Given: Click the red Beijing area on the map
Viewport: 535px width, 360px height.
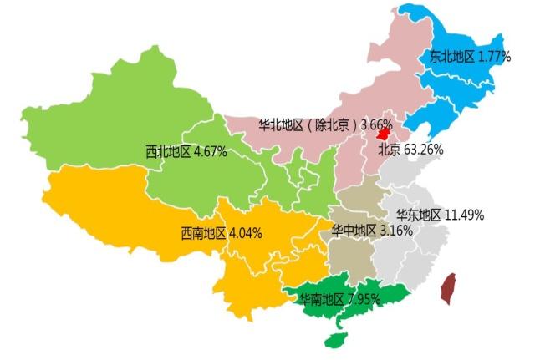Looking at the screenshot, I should [x=384, y=132].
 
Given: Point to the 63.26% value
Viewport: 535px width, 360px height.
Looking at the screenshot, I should [x=424, y=150].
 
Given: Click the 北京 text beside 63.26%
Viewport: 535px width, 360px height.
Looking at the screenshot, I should [x=390, y=150].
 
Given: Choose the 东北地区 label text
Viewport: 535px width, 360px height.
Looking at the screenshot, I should [x=451, y=57].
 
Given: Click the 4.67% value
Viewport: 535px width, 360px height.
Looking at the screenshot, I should [x=209, y=152].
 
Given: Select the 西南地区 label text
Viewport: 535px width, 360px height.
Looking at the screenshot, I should [x=204, y=233].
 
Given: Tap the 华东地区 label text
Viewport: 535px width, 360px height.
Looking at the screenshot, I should [x=419, y=214].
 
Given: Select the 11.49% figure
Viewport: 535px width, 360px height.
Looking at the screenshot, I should [x=464, y=214].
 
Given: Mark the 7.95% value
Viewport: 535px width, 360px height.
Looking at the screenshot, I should [x=364, y=298].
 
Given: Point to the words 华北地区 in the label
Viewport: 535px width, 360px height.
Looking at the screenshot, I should [x=281, y=124].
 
